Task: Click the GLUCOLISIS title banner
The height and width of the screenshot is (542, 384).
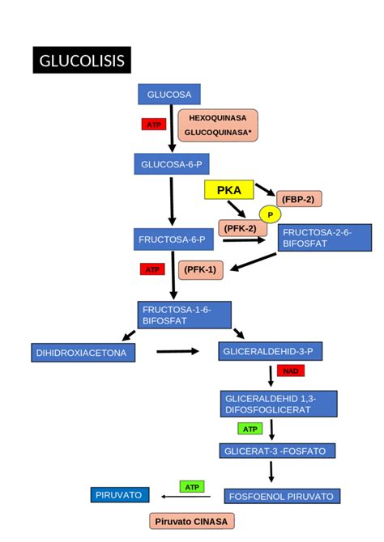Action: click(x=82, y=61)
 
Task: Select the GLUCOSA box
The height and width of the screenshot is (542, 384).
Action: click(x=169, y=94)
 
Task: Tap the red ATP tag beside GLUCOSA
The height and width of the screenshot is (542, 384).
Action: click(x=153, y=124)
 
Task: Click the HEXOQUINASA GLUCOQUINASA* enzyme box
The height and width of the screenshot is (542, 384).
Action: click(x=218, y=125)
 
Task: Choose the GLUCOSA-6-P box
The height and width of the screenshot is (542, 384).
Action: click(x=171, y=165)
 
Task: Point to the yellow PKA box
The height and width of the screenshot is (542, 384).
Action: click(x=229, y=190)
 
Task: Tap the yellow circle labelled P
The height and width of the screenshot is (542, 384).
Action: click(x=270, y=214)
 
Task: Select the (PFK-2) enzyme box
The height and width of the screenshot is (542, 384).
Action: click(x=241, y=229)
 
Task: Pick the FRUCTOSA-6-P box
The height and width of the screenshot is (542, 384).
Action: click(x=174, y=239)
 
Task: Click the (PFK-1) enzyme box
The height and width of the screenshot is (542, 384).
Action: click(x=200, y=269)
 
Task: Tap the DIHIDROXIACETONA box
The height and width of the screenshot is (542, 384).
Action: click(x=82, y=353)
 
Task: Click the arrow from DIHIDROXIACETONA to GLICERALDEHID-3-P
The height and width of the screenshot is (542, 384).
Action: click(x=177, y=351)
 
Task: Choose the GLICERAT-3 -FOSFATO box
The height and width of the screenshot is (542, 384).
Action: click(x=276, y=451)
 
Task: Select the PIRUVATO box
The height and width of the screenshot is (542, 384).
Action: click(x=120, y=494)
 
